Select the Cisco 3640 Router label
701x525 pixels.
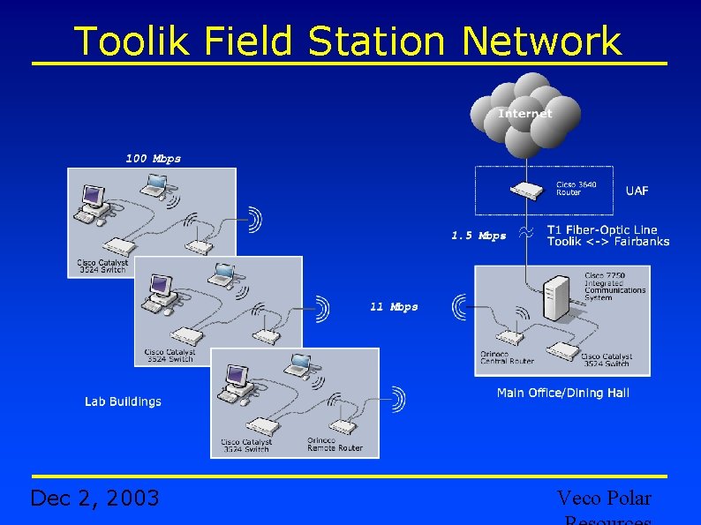(x=576, y=189)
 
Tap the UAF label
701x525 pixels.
(x=637, y=191)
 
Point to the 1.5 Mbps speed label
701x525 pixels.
(x=479, y=236)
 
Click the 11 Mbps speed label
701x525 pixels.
(x=394, y=307)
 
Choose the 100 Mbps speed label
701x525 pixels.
(x=153, y=159)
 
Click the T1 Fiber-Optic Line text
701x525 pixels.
(x=602, y=229)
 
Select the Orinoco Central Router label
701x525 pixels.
(x=507, y=357)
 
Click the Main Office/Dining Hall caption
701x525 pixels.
(x=562, y=393)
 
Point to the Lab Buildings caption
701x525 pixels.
(x=123, y=401)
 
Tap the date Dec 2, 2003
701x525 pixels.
(x=94, y=499)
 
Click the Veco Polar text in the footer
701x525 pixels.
(x=604, y=499)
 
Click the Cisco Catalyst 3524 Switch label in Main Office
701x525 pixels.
(x=605, y=360)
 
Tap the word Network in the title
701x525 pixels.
(x=541, y=41)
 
